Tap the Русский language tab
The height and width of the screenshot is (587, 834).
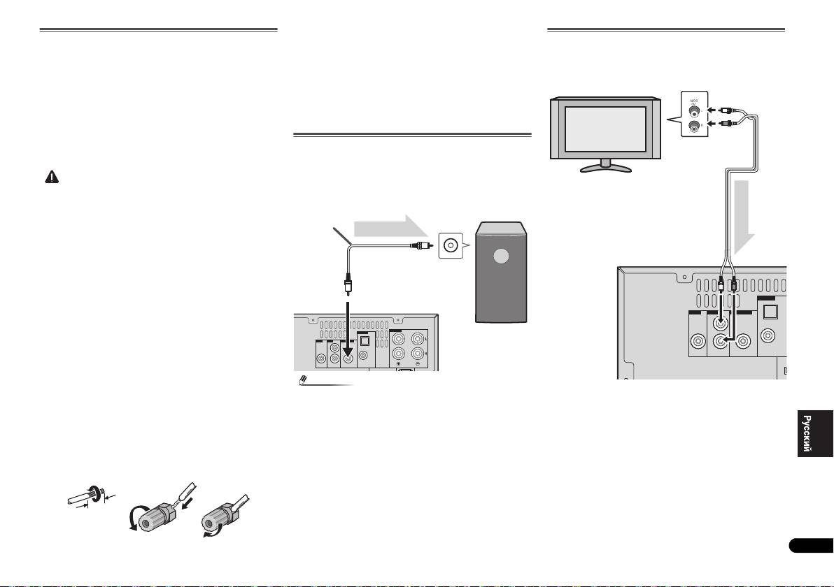click(815, 433)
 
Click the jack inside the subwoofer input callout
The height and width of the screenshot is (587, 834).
click(451, 245)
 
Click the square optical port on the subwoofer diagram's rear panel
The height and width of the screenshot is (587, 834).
click(365, 342)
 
